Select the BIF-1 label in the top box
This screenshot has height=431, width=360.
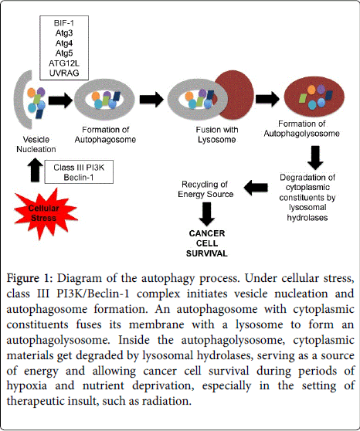(x=64, y=23)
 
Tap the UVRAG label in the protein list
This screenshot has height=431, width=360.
(x=64, y=73)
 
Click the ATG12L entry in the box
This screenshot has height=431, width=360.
(x=64, y=63)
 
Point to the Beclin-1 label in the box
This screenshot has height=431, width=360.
(x=79, y=178)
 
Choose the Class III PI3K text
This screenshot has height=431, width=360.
(x=79, y=168)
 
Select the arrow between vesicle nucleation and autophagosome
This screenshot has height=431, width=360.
(x=61, y=100)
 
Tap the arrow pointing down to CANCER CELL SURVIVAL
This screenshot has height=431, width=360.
(x=206, y=215)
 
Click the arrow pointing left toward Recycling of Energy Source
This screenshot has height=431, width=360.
(x=256, y=188)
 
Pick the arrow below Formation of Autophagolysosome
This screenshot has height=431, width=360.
(x=315, y=158)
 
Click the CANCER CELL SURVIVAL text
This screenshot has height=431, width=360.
(x=207, y=243)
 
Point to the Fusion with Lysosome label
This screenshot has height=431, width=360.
(x=217, y=134)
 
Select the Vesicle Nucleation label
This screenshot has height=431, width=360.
(x=36, y=144)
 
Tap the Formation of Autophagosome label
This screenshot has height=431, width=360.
(x=105, y=134)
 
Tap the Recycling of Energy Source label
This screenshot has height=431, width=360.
(x=205, y=189)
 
